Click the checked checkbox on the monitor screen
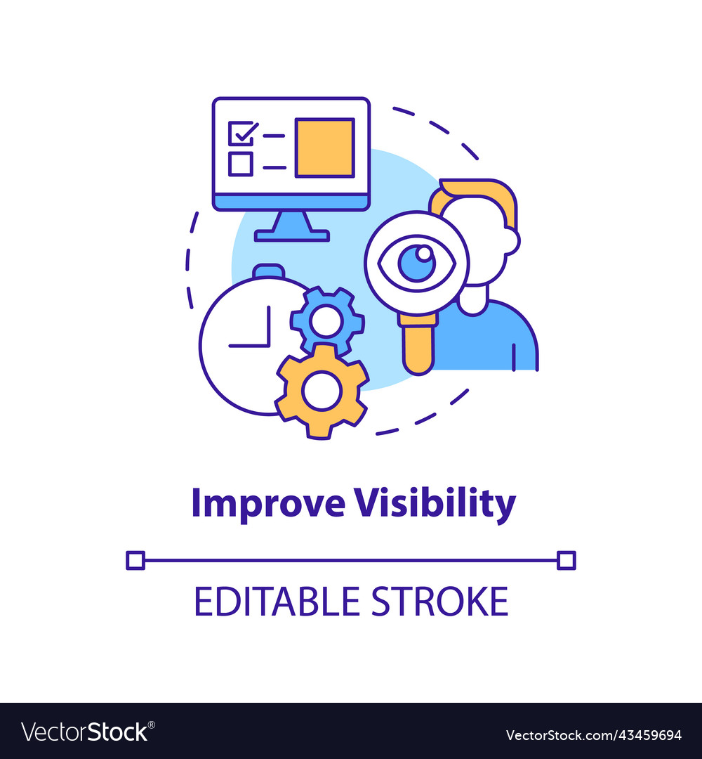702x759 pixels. (x=241, y=133)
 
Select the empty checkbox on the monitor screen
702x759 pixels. (x=241, y=164)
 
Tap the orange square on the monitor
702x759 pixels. (x=325, y=148)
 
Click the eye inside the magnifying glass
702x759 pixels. (x=417, y=264)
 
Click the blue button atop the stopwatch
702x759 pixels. (x=269, y=271)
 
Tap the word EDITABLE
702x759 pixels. (x=277, y=601)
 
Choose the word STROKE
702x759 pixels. (x=439, y=601)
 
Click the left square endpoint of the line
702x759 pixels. (x=135, y=561)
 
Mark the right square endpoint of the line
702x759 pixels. (x=566, y=561)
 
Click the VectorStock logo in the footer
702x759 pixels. (x=88, y=732)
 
